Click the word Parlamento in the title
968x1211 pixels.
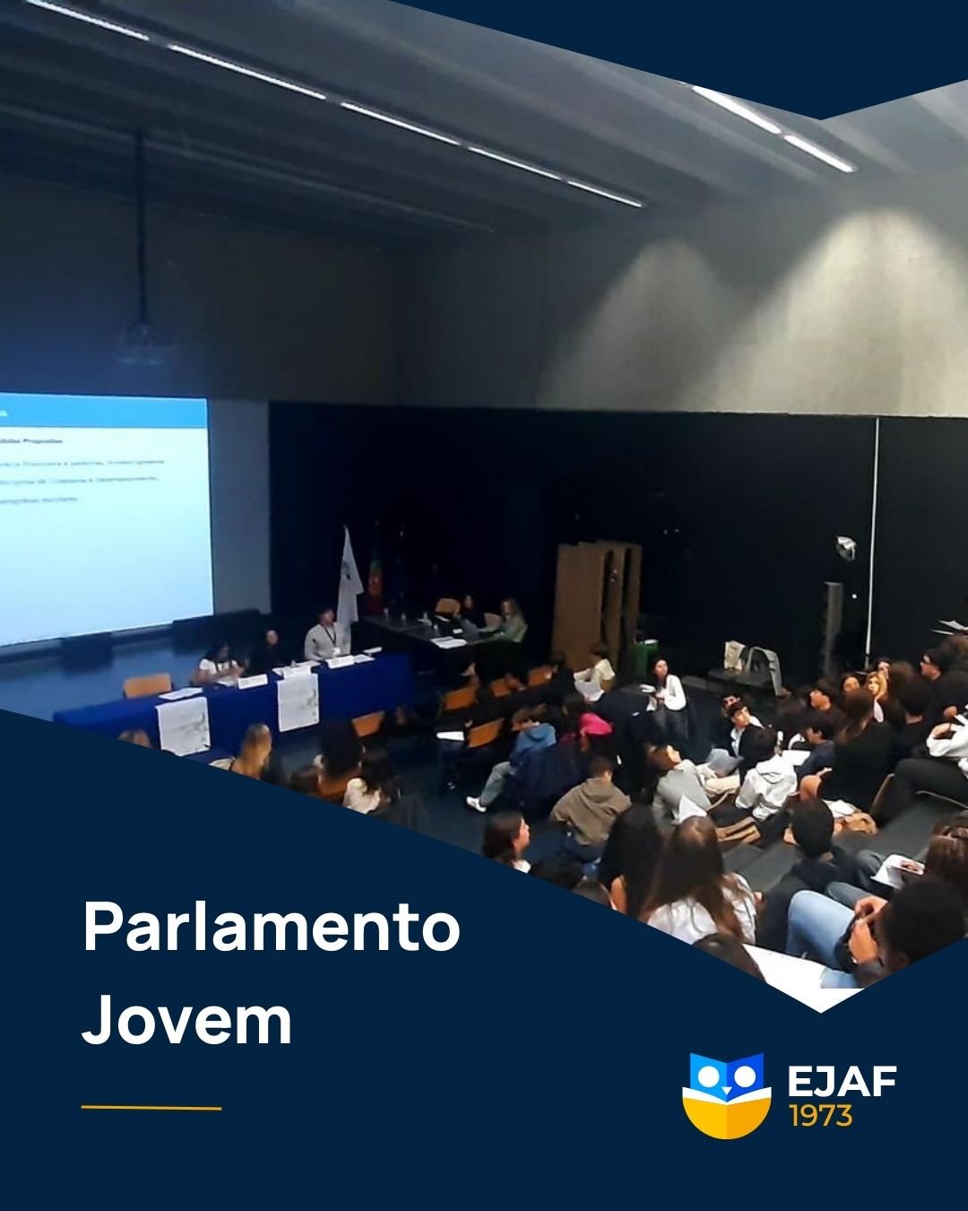click(271, 928)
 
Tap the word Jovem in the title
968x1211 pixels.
click(187, 1022)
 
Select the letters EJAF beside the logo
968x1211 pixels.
click(842, 1082)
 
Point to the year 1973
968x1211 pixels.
click(820, 1116)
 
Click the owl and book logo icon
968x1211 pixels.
click(726, 1095)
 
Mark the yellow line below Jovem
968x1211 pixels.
click(151, 1108)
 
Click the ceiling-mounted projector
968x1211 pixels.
click(142, 342)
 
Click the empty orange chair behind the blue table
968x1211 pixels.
click(146, 685)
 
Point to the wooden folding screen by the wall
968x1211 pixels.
click(597, 593)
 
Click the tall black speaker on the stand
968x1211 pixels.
click(833, 628)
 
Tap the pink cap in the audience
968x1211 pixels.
click(594, 724)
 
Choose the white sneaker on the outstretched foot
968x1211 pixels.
click(475, 804)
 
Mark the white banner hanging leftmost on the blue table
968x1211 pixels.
click(183, 726)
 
